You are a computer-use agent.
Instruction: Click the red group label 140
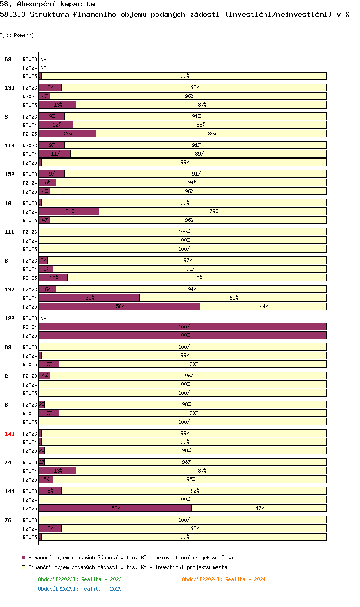pos(10,434)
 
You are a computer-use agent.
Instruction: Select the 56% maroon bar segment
pos(120,306)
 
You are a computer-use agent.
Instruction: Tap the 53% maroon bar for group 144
pos(115,508)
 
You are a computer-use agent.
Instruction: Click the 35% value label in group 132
pos(90,298)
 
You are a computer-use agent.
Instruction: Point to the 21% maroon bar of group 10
pos(69,211)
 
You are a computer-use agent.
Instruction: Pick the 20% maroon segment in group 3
pos(68,134)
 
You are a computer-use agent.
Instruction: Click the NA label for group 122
pos(43,318)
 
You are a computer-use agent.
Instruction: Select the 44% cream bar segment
pos(264,306)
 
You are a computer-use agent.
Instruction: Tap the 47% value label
pos(260,508)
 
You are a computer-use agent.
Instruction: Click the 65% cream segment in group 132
pos(233,298)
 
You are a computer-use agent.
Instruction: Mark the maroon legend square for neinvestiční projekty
pos(24,558)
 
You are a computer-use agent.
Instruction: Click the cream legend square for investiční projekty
pos(24,567)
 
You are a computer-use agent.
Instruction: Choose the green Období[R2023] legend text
pos(80,579)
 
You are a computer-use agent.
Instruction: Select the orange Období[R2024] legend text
pos(224,579)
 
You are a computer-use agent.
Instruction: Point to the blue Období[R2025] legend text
pos(80,589)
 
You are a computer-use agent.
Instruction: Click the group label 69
pos(8,59)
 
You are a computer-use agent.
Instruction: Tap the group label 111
pos(10,232)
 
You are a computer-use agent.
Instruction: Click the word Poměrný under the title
pos(24,35)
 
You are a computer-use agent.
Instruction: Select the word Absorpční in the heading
pos(36,4)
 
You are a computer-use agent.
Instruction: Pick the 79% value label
pos(214,211)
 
